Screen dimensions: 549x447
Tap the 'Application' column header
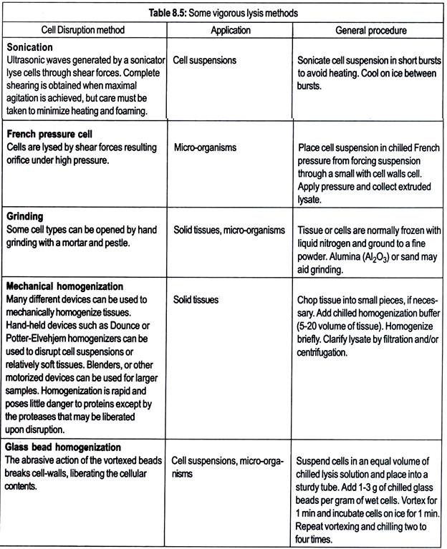click(231, 30)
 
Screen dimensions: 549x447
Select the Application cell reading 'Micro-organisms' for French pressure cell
click(206, 147)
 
